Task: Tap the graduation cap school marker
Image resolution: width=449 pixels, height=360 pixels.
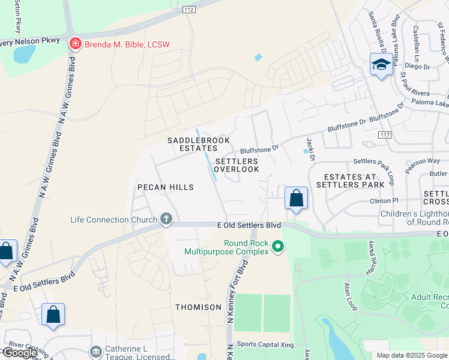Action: pos(381,64)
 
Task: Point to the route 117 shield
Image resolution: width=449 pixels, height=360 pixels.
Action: pos(385,136)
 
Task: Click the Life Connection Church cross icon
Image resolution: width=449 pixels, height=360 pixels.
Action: pos(166,220)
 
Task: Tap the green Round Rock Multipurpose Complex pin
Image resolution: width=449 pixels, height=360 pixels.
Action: pos(277,247)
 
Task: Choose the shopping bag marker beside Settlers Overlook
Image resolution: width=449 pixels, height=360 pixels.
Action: pos(296,198)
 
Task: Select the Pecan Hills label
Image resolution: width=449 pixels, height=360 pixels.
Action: pos(166,187)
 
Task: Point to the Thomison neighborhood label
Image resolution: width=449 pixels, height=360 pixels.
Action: pos(198,307)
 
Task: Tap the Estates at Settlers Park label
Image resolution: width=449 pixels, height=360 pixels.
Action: pos(350,181)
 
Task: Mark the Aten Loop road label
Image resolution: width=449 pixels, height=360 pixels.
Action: pos(350,296)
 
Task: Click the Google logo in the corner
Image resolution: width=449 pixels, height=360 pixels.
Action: pos(19,353)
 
